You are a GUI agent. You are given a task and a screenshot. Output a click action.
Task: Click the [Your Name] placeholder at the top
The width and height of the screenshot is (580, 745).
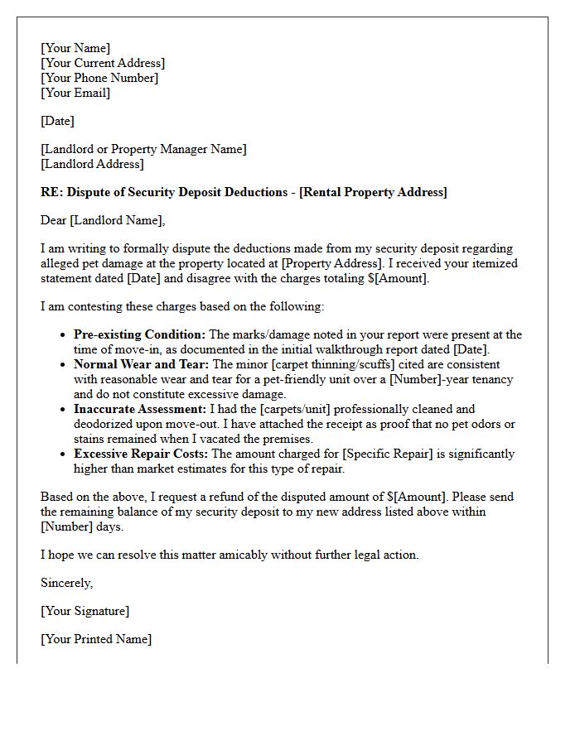pos(75,48)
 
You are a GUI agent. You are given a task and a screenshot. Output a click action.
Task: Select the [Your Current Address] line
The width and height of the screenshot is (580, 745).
pos(103,63)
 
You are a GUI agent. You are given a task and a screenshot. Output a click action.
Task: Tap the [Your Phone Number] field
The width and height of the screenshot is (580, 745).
pos(99,78)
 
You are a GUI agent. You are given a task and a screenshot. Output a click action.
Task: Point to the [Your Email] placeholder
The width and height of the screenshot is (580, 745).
pos(75,93)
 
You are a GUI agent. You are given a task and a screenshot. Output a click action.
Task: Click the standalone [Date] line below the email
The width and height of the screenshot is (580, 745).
pos(57,121)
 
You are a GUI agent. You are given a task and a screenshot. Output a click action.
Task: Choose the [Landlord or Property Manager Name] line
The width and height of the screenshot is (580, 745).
pos(143,149)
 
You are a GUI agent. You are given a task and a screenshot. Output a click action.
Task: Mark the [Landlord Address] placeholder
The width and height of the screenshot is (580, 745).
pos(92,164)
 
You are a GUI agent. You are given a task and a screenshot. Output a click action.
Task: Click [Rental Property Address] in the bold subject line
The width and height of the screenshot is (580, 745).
pos(373,192)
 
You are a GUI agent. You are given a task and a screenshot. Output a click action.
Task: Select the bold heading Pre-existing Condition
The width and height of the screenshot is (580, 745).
pos(139,334)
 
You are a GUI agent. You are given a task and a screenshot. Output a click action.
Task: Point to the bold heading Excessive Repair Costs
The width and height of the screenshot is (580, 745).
pos(141,454)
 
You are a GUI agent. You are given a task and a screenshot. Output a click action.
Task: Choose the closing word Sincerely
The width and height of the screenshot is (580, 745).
pos(67,583)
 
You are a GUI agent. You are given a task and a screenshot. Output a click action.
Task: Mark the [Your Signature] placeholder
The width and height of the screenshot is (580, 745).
pos(85,611)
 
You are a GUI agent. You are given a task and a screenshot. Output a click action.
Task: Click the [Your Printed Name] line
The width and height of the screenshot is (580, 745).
pos(96,639)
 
